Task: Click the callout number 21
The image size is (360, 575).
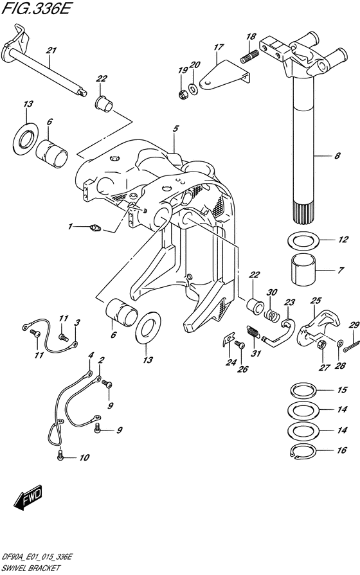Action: tap(51, 50)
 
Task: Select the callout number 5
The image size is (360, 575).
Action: tap(176, 128)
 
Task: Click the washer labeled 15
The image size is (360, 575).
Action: tap(303, 390)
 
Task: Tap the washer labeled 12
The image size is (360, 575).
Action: tap(303, 240)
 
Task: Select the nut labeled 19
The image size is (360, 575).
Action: tap(183, 94)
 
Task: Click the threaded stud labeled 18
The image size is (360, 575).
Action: tap(249, 57)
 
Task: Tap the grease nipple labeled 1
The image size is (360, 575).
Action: tap(95, 229)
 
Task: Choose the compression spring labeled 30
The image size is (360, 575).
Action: tap(271, 315)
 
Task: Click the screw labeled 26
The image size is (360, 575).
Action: tap(239, 344)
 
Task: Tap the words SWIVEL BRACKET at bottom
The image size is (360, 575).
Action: tap(30, 569)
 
